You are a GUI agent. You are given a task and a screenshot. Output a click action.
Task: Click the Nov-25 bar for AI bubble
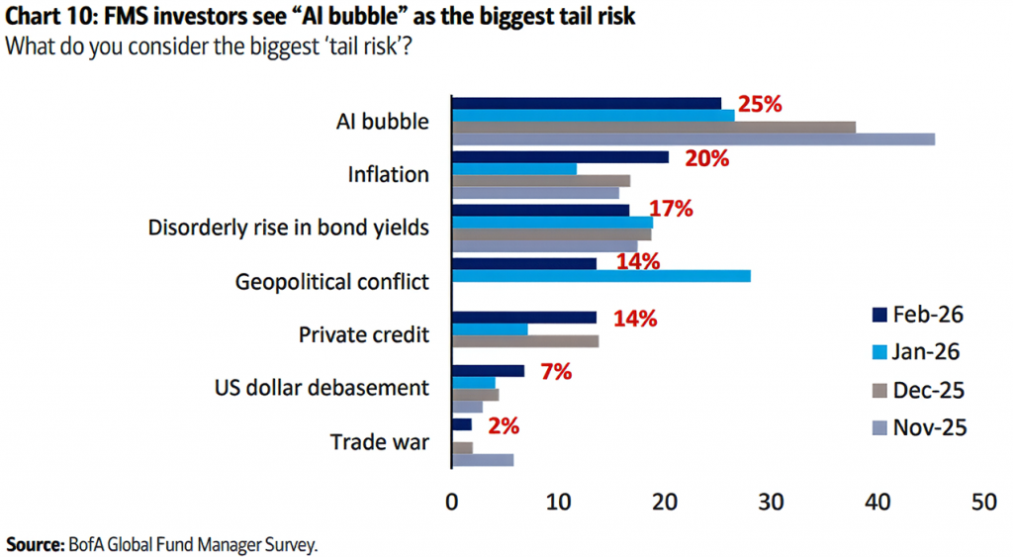(x=692, y=139)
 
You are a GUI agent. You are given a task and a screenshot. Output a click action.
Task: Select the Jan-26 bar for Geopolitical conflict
(x=600, y=276)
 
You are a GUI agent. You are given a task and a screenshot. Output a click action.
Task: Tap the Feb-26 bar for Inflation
(x=560, y=157)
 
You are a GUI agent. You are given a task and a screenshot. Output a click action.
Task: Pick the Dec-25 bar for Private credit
(x=525, y=341)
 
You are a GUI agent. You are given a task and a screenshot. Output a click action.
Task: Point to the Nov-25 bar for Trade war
(x=483, y=460)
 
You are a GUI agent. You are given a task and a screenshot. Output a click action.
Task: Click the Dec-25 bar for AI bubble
(x=653, y=127)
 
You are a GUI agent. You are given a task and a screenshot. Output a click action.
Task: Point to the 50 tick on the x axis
(x=982, y=502)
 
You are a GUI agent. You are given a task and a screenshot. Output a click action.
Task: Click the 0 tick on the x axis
(x=452, y=502)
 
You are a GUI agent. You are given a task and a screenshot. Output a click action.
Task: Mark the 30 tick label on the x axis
(x=772, y=502)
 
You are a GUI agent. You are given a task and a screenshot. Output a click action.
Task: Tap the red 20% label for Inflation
(x=706, y=158)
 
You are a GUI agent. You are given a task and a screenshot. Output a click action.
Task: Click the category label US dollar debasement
(x=322, y=387)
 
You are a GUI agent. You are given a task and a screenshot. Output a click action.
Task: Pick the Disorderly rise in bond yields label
(x=288, y=228)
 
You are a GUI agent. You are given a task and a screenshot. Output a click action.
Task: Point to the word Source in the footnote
(x=33, y=544)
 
